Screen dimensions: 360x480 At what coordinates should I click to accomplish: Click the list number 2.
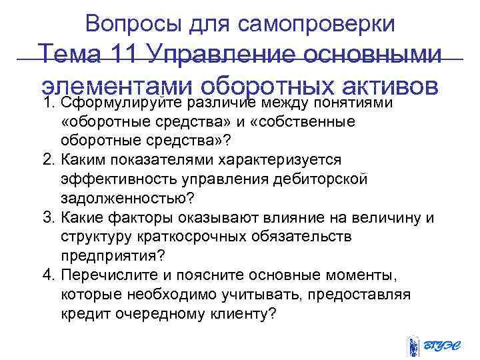point(47,161)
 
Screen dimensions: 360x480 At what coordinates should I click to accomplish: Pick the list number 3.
point(47,218)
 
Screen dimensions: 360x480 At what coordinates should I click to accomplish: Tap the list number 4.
point(47,275)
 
